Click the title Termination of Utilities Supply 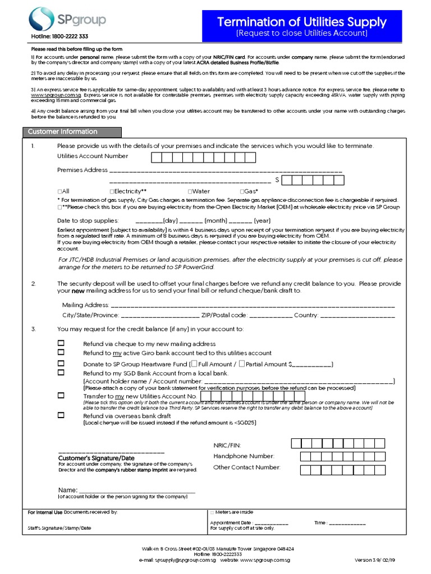(301, 22)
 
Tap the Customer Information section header (62, 132)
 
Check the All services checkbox (59, 192)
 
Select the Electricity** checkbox (112, 192)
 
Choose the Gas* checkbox (242, 192)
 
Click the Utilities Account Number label (93, 156)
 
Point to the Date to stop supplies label (88, 221)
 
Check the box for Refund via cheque (61, 343)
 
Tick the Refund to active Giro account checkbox (61, 353)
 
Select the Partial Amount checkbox (241, 364)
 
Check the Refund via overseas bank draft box (61, 416)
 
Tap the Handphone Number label (244, 456)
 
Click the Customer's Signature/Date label (96, 458)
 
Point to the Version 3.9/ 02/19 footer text (378, 560)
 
